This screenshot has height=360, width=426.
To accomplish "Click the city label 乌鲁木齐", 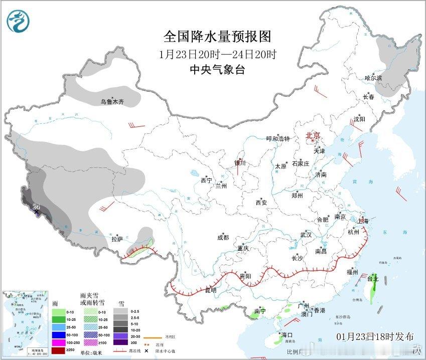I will pyautogui.click(x=111, y=102).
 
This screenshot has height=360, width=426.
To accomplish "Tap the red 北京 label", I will pyautogui.click(x=313, y=135).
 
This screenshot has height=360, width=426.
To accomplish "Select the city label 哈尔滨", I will pyautogui.click(x=373, y=78).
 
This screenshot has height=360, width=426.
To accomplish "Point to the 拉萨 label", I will pyautogui.click(x=116, y=240).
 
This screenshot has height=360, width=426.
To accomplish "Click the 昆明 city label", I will pyautogui.click(x=211, y=290).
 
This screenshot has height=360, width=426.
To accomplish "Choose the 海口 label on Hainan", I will pyautogui.click(x=287, y=335).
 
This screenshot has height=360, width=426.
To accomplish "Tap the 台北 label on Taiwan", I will pyautogui.click(x=373, y=279).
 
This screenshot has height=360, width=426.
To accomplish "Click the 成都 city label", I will pyautogui.click(x=223, y=238).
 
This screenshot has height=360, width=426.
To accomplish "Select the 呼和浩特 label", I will pyautogui.click(x=278, y=139).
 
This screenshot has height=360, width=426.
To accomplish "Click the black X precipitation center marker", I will pyautogui.click(x=36, y=213).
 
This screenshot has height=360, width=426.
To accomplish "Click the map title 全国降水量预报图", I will pyautogui.click(x=217, y=37).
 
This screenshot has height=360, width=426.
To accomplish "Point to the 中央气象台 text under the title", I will pyautogui.click(x=217, y=70).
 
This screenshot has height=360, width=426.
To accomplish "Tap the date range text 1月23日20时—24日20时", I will pyautogui.click(x=217, y=54).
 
